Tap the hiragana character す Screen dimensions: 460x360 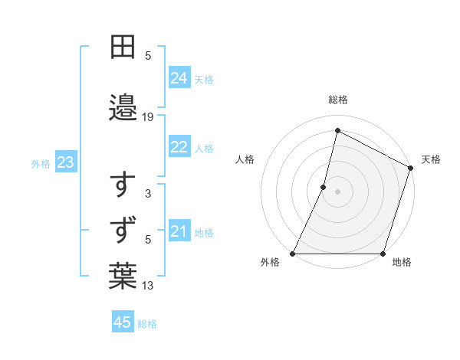pos(123,185)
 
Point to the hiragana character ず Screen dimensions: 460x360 pos(123,229)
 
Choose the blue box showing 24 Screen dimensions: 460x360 pos(179,78)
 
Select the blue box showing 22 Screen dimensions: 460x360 pos(179,148)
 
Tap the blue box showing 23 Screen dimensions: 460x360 pos(65,162)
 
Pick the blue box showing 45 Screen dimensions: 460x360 pos(122,322)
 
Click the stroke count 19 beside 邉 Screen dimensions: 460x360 pos(148,117)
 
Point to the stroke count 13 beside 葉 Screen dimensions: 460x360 pos(148,286)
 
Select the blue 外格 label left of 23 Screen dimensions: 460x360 pos(41,163)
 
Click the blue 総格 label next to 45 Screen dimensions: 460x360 pos(147,323)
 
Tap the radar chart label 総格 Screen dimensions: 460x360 pos(338,100)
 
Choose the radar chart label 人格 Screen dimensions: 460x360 pos(245,159)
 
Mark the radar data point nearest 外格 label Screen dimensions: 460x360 pos(293,254)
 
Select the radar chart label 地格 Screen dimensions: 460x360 pos(402,262)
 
